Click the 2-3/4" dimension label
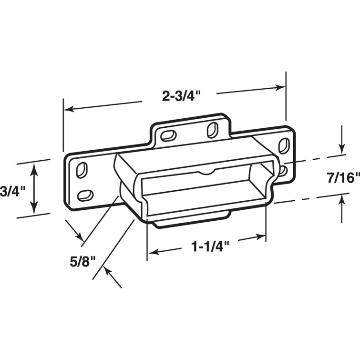pyautogui.click(x=180, y=96)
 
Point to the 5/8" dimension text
pyautogui.click(x=84, y=261)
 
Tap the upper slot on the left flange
pyautogui.click(x=82, y=169)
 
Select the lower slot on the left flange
pyautogui.click(x=85, y=194)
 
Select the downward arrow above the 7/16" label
pyautogui.click(x=341, y=150)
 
